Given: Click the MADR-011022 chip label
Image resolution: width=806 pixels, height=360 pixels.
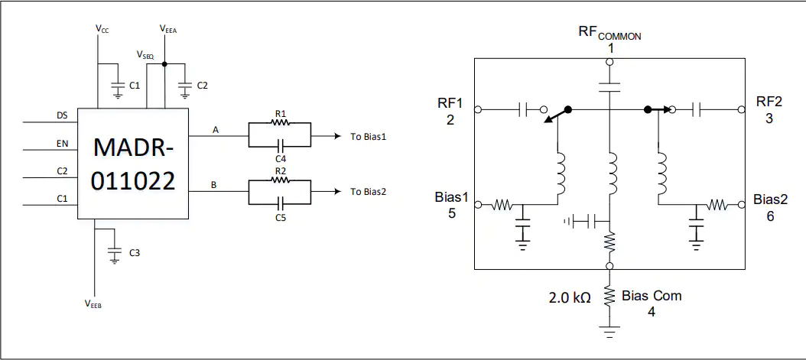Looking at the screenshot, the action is pos(133,164).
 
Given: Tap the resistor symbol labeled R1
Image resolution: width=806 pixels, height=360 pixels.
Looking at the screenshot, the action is pos(280,123).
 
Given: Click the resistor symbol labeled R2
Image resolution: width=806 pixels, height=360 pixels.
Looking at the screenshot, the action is pos(280,180).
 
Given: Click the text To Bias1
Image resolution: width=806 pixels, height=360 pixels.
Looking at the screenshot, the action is pos(368,136).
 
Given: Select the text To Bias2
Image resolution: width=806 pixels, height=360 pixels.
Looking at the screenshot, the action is pos(368,192).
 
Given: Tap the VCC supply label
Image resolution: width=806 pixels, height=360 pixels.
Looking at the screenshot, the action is pos(102,29).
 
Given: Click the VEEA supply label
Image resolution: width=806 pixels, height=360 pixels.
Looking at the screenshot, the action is pos(168,29).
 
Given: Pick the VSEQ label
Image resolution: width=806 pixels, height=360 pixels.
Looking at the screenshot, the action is pos(145,54).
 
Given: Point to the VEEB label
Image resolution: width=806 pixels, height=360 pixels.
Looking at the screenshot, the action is pos(93,303).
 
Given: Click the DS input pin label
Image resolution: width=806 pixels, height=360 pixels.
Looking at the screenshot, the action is pos(62,116).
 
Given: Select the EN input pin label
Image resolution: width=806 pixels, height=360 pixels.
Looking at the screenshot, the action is pos(62,144).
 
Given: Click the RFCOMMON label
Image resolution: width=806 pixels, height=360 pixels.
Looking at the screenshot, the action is pos(609,33).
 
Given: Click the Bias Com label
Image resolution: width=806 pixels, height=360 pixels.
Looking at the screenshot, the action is pos(652,296).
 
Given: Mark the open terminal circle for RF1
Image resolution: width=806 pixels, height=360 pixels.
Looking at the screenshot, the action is pos(477,109).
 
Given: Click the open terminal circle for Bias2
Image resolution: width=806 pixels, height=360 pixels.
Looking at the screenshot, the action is pos(741,204).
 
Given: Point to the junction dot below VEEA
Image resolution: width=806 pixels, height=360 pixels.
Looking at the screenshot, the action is pos(164,64).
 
